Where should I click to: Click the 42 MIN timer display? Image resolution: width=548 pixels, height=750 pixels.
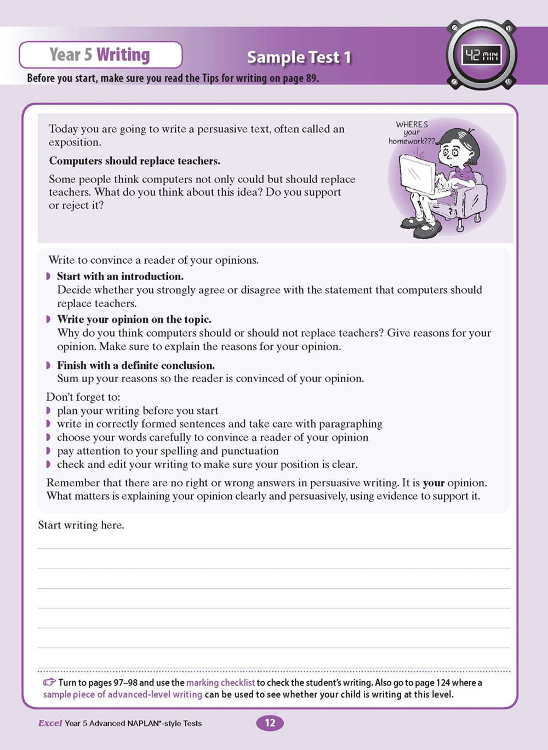tap(481, 55)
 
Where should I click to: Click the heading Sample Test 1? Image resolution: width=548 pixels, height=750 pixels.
tap(299, 57)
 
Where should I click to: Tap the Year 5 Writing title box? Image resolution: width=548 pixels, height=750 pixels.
tap(100, 55)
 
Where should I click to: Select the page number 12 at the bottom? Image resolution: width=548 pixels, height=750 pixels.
tap(270, 723)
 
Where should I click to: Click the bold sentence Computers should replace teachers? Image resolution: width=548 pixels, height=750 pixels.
tap(135, 161)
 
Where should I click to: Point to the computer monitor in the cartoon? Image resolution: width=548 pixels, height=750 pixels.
tap(418, 174)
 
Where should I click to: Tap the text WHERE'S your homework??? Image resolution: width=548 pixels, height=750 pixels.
tap(412, 133)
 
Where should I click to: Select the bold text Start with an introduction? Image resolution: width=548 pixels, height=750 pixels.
tap(120, 276)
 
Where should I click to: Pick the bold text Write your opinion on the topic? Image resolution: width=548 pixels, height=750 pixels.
tap(134, 319)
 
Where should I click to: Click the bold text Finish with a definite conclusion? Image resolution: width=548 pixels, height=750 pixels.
tap(136, 365)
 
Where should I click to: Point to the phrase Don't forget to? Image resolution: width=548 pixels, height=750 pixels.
tap(83, 396)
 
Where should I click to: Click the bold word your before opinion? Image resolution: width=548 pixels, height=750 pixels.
tap(433, 483)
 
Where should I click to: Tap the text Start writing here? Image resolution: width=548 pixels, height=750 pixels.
tap(81, 525)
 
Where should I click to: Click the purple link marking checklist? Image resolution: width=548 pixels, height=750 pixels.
tap(220, 683)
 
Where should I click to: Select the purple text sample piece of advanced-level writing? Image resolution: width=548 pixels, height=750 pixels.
tap(123, 695)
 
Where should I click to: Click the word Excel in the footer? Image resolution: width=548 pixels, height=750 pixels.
tap(50, 723)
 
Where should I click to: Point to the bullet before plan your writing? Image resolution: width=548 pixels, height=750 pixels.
tap(48, 411)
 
